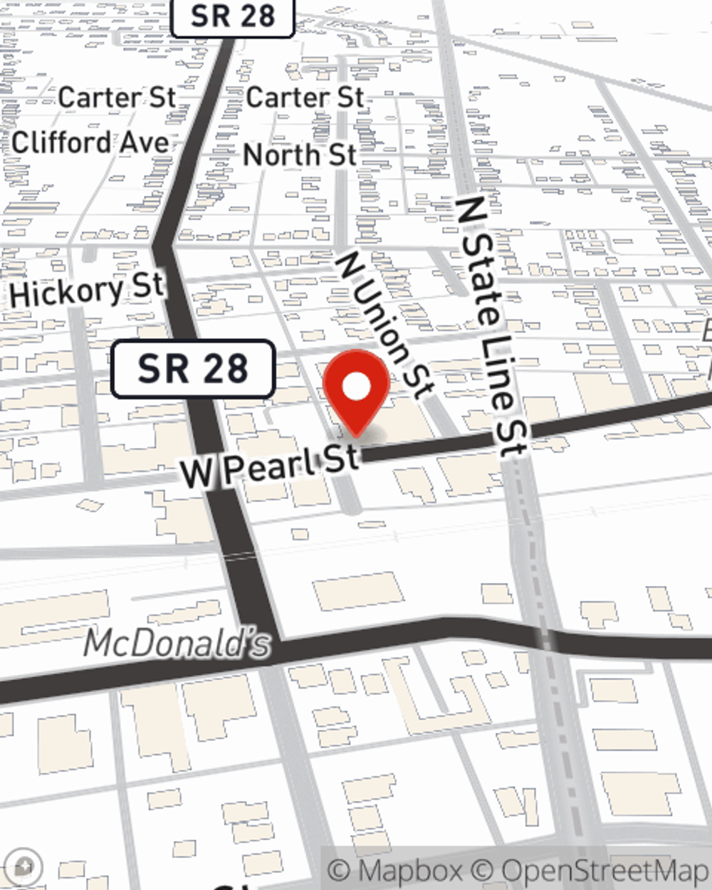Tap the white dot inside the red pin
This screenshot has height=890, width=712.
coord(357,387)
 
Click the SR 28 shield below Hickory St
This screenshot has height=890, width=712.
coord(193,369)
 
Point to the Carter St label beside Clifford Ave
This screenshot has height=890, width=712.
coord(117,98)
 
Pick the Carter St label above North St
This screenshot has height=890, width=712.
coord(305,98)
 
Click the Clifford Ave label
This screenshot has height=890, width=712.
coord(90,142)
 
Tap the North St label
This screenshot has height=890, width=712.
coord(300,155)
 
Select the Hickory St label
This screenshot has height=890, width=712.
coord(87,290)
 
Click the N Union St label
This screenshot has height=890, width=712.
coord(384,324)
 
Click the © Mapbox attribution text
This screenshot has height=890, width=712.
coord(395,871)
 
